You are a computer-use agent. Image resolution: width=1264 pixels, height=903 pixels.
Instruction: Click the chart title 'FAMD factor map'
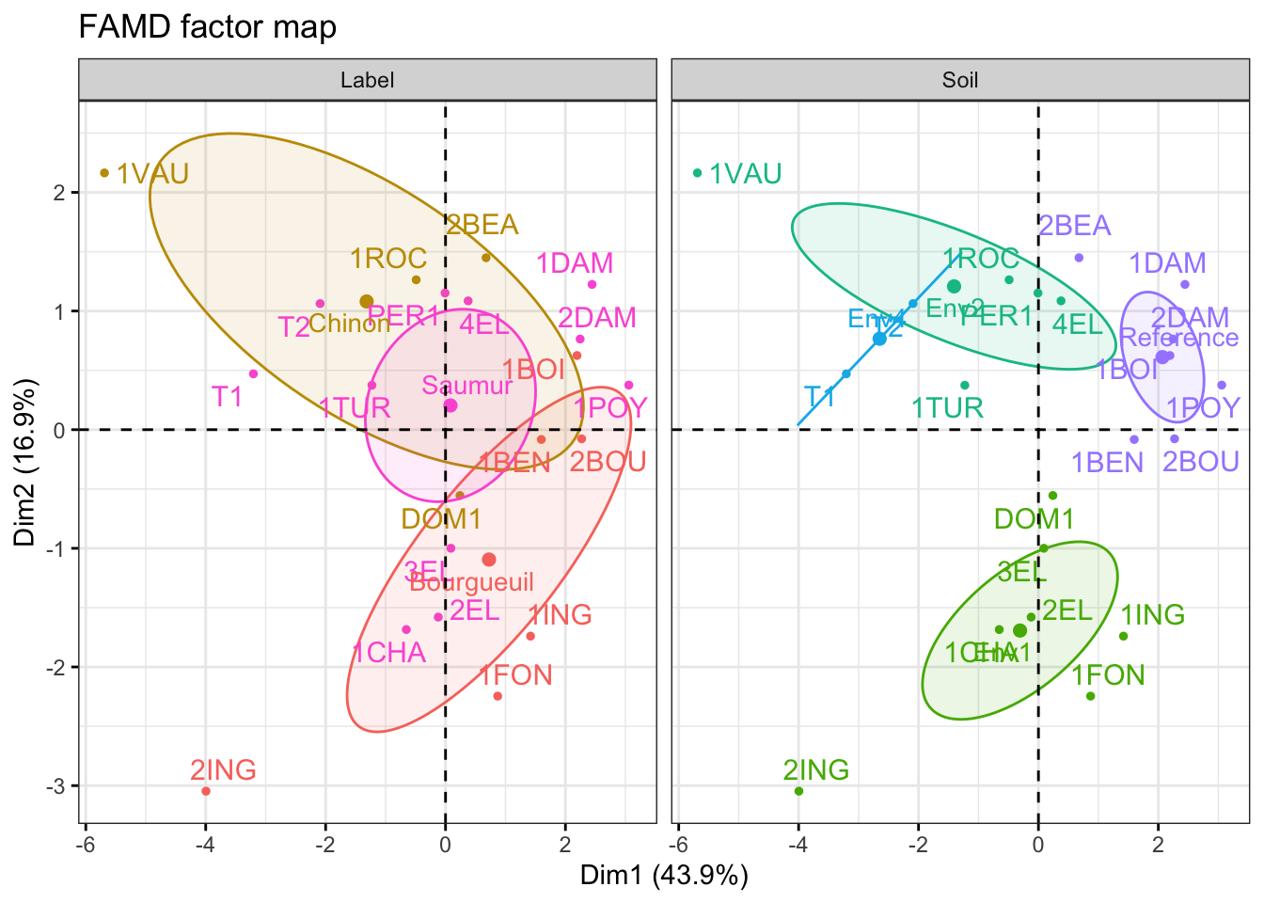tap(207, 26)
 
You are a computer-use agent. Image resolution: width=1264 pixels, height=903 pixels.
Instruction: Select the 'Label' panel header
tap(367, 80)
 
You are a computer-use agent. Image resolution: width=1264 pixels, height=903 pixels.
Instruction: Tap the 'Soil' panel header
tap(959, 80)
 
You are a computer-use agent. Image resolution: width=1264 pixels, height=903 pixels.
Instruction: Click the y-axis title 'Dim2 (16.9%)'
tap(25, 462)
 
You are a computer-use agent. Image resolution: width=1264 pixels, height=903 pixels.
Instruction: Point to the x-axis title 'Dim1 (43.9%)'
tap(664, 877)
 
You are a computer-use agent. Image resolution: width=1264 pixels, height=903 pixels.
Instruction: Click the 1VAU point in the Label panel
tap(104, 173)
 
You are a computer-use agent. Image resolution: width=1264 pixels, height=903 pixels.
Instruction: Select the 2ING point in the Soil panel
tap(798, 791)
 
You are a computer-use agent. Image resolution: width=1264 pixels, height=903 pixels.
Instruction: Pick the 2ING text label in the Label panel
tap(223, 770)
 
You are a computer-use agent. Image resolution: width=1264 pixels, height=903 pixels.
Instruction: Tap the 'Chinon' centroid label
tap(349, 324)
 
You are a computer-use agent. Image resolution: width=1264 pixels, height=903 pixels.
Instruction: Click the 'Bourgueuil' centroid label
tap(472, 582)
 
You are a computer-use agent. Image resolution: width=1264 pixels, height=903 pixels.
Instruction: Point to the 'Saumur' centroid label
tap(467, 386)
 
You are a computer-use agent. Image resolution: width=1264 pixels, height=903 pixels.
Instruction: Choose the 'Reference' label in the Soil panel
tap(1179, 338)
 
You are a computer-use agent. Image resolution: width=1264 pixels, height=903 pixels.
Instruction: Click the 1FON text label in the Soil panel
tap(1108, 675)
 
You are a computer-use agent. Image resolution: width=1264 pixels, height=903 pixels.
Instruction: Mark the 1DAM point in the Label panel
tap(592, 285)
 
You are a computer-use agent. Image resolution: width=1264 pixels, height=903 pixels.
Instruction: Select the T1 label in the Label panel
tap(227, 396)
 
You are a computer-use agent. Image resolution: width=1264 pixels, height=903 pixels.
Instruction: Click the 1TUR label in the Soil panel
tap(947, 407)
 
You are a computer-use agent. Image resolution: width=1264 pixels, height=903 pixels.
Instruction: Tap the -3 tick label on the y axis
tap(58, 786)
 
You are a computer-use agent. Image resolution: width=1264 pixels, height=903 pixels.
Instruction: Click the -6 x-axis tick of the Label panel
tap(85, 844)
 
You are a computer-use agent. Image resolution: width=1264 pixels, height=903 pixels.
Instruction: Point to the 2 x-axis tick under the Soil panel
tap(1158, 844)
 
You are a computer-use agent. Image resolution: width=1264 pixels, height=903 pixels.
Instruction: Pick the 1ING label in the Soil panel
tap(1152, 615)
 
